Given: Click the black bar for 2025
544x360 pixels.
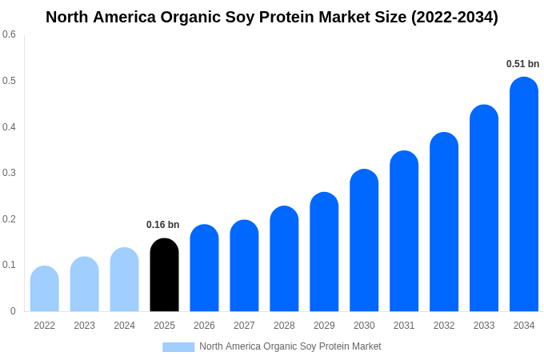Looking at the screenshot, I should point(164,275).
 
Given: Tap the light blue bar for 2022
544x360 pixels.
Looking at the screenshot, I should point(45,289).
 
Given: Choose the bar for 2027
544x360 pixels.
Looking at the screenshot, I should point(244,266).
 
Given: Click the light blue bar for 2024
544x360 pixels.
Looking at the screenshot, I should point(124,280).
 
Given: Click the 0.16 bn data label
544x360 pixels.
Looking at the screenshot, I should point(163,225).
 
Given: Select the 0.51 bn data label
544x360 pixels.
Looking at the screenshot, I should point(522,64).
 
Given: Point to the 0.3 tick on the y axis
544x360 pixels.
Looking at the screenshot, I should point(9,173).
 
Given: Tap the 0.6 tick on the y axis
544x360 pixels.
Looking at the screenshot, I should point(9,34).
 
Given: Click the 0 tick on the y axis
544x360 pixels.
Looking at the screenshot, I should point(13,311).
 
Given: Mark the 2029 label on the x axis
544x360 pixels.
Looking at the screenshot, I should point(324,326).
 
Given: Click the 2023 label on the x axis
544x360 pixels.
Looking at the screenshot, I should point(84,326).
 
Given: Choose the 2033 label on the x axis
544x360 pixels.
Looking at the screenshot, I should point(484,326).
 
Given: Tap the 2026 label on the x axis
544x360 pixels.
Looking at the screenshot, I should point(204,326).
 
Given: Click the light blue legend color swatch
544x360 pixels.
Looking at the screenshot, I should point(178,347).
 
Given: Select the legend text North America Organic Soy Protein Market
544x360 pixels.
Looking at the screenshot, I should point(290,346).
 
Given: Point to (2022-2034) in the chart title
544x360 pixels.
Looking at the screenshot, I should point(454,17).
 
